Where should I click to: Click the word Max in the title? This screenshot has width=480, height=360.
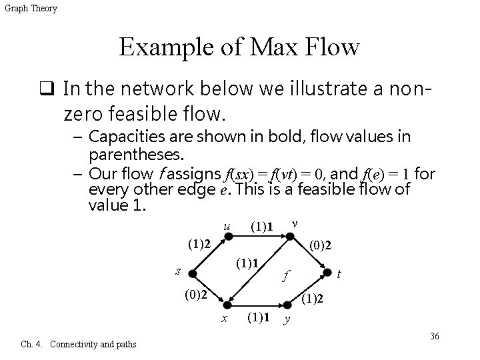pos(279,48)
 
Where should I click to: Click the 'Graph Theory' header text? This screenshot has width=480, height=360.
pos(31,8)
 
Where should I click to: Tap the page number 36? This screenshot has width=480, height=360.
pos(434,336)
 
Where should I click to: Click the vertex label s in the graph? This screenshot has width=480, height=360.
pos(177,269)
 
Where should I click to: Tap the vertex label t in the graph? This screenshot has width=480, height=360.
pos(340,273)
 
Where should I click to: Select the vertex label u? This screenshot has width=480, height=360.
pos(227,227)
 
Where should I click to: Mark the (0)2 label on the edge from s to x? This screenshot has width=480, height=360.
pos(199,293)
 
